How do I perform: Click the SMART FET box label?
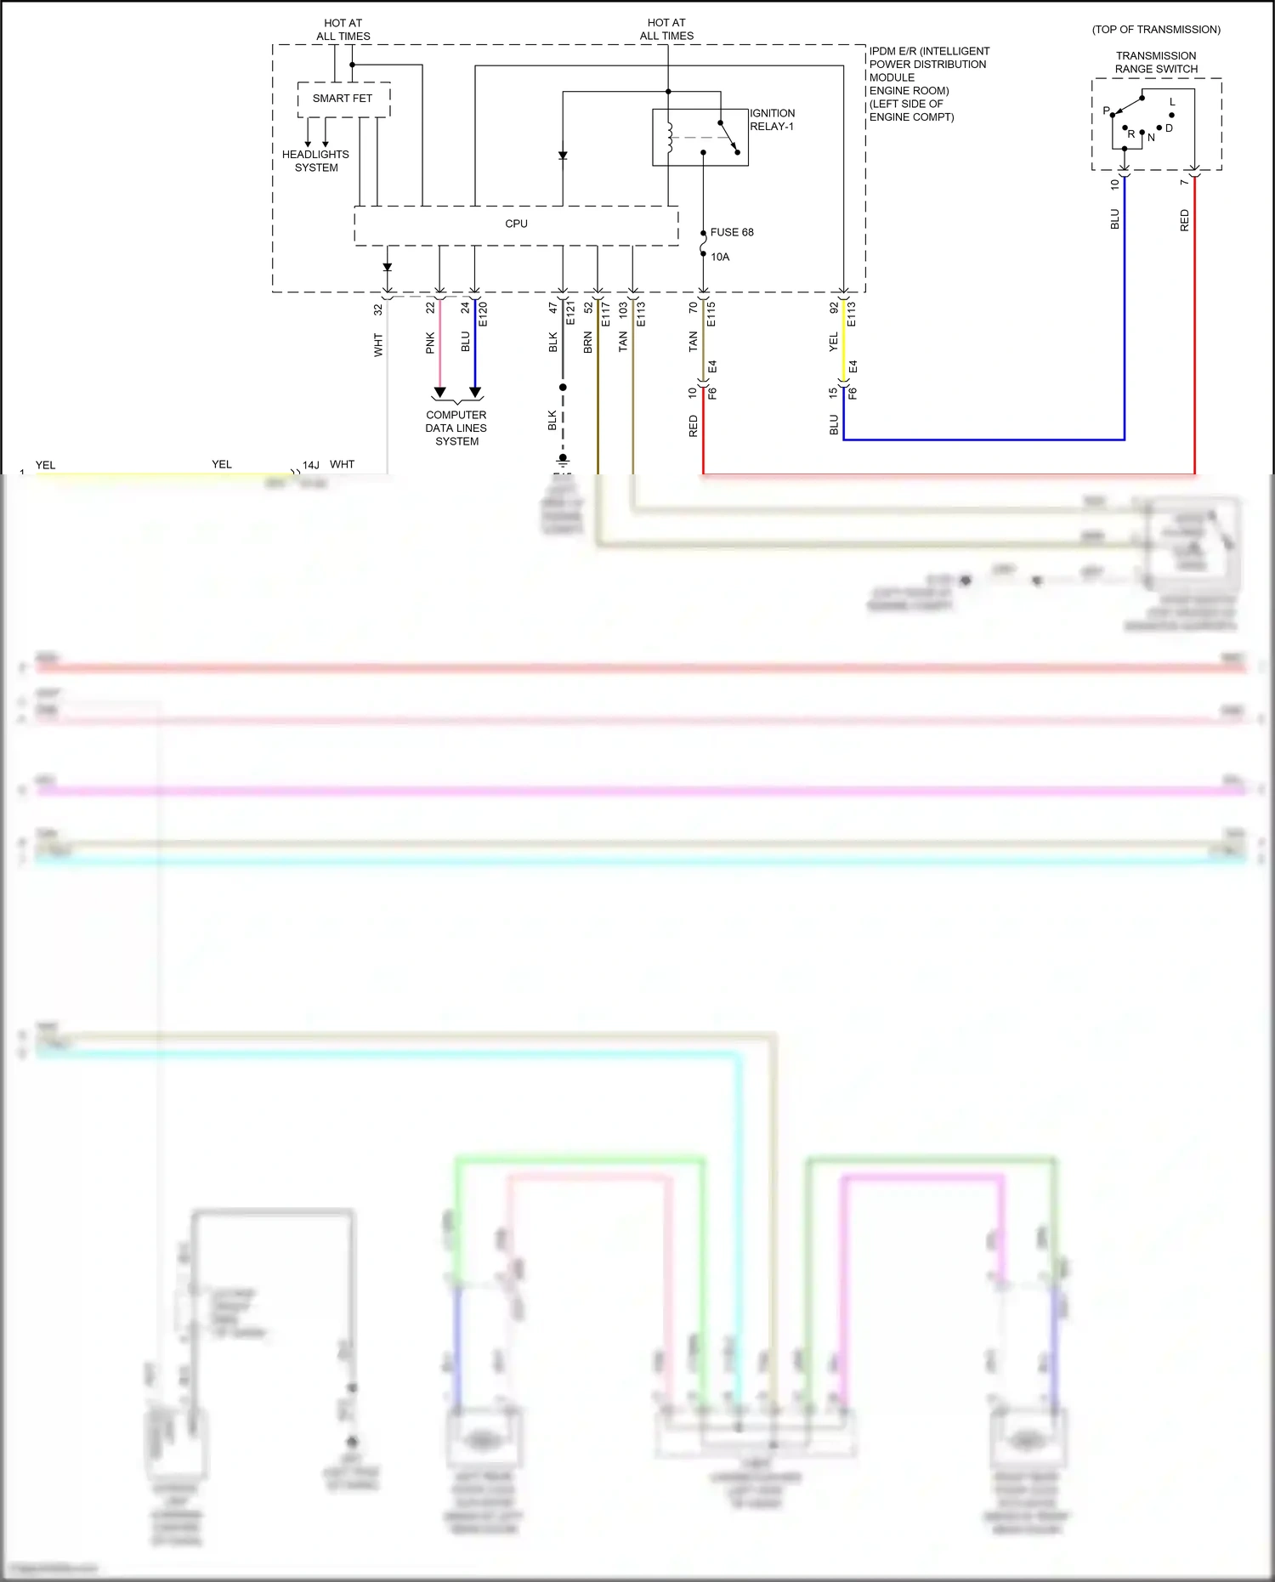tap(342, 99)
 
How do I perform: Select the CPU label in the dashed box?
tap(516, 224)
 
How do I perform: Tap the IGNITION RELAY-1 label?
tap(772, 120)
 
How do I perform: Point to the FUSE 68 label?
tap(732, 232)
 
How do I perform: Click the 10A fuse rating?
tap(720, 257)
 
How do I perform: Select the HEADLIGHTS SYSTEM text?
tap(315, 161)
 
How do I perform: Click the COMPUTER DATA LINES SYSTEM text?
tap(456, 428)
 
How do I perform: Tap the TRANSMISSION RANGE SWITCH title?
tap(1156, 62)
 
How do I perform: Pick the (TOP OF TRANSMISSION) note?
tap(1156, 30)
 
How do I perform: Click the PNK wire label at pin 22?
tap(430, 343)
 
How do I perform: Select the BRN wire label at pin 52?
tap(588, 343)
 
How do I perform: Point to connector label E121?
tap(570, 313)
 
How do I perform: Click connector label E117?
tap(606, 314)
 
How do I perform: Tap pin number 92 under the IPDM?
tap(834, 308)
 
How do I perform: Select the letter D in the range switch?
tap(1170, 128)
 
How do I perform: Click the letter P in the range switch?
tap(1106, 111)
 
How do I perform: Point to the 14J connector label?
tap(311, 465)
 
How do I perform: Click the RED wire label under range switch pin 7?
tap(1185, 220)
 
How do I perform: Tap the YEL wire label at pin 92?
tap(834, 342)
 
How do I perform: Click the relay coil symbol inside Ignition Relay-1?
tap(670, 138)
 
